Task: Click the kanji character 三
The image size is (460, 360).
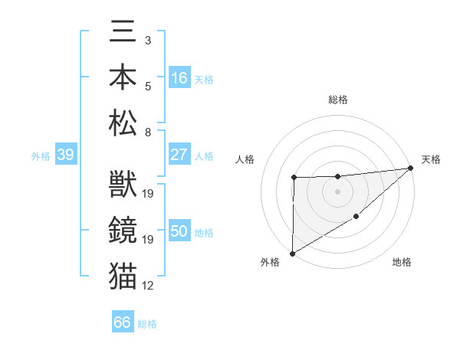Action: tap(123, 33)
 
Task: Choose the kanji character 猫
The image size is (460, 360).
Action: tap(123, 275)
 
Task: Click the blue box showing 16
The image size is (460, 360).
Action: tap(179, 77)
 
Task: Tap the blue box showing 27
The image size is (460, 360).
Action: tap(179, 155)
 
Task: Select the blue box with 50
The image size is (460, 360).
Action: tap(179, 232)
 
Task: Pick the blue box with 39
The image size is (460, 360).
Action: tap(65, 155)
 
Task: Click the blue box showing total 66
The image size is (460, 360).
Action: tap(123, 322)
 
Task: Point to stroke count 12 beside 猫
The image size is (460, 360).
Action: tap(148, 286)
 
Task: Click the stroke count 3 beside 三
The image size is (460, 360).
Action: tap(147, 40)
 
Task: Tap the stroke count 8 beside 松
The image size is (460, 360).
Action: tap(147, 132)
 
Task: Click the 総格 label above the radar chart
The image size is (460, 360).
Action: tap(338, 100)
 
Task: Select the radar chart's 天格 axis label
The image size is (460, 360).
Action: tap(431, 159)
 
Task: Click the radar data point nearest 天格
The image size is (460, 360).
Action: tap(411, 168)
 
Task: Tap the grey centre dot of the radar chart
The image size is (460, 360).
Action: tap(337, 191)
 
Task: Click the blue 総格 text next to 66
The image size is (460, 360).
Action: tap(147, 324)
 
